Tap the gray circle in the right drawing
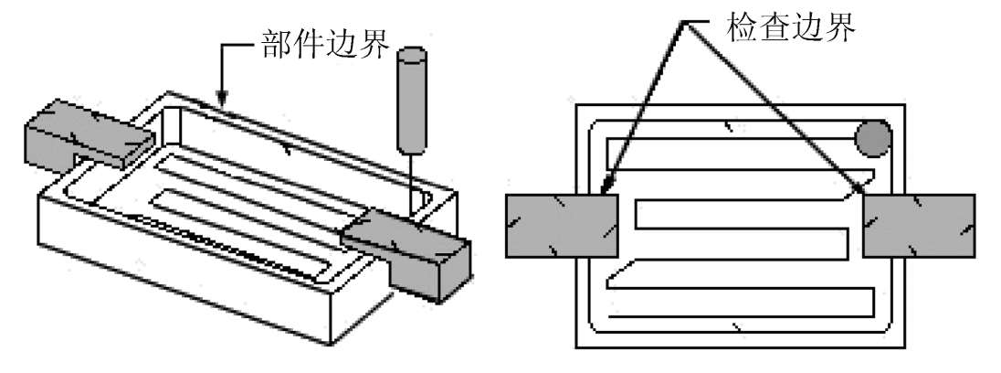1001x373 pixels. (x=872, y=137)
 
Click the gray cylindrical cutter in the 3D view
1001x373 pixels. (x=412, y=101)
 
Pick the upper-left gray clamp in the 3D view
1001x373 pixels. (x=87, y=137)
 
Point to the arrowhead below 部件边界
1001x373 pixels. (x=220, y=95)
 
